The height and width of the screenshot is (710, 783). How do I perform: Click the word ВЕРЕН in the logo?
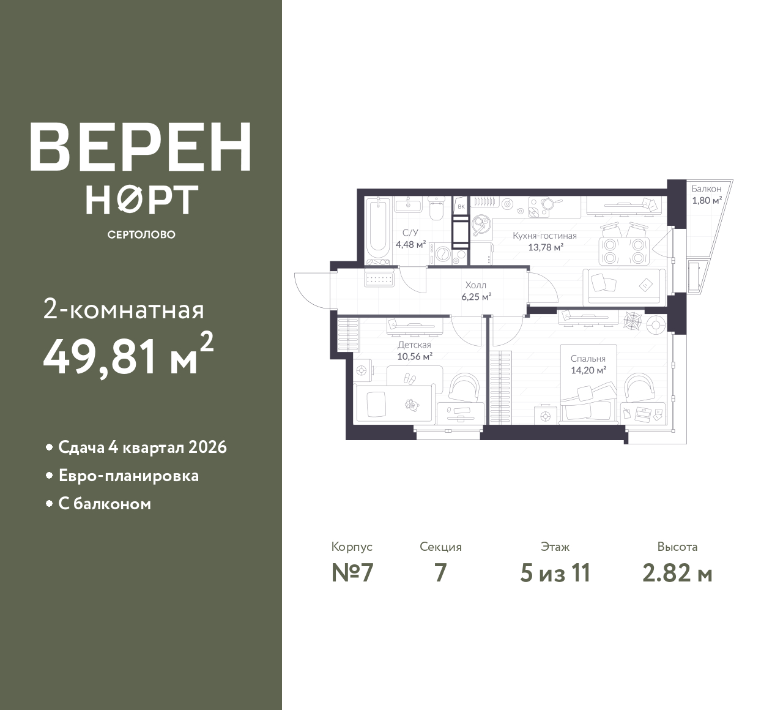[x=141, y=147]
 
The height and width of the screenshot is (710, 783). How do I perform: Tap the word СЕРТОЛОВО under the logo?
[x=141, y=234]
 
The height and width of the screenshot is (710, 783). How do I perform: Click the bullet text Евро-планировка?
[x=128, y=476]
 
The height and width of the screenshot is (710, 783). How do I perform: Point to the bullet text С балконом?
[x=105, y=504]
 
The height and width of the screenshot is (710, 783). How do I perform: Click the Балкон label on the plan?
[x=707, y=189]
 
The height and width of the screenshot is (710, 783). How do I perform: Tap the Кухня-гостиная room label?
[x=544, y=236]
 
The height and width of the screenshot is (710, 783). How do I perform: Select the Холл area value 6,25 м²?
[x=476, y=297]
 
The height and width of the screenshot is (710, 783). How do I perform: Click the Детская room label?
[x=414, y=345]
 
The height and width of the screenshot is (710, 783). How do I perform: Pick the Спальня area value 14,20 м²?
[x=588, y=370]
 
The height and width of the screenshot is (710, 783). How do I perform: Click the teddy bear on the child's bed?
[x=412, y=405]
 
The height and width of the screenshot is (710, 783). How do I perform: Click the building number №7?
[x=352, y=574]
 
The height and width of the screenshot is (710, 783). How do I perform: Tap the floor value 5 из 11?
[x=555, y=574]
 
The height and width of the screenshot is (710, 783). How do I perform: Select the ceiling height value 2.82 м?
[x=677, y=574]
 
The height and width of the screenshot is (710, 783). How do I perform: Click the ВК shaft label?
[x=461, y=207]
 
